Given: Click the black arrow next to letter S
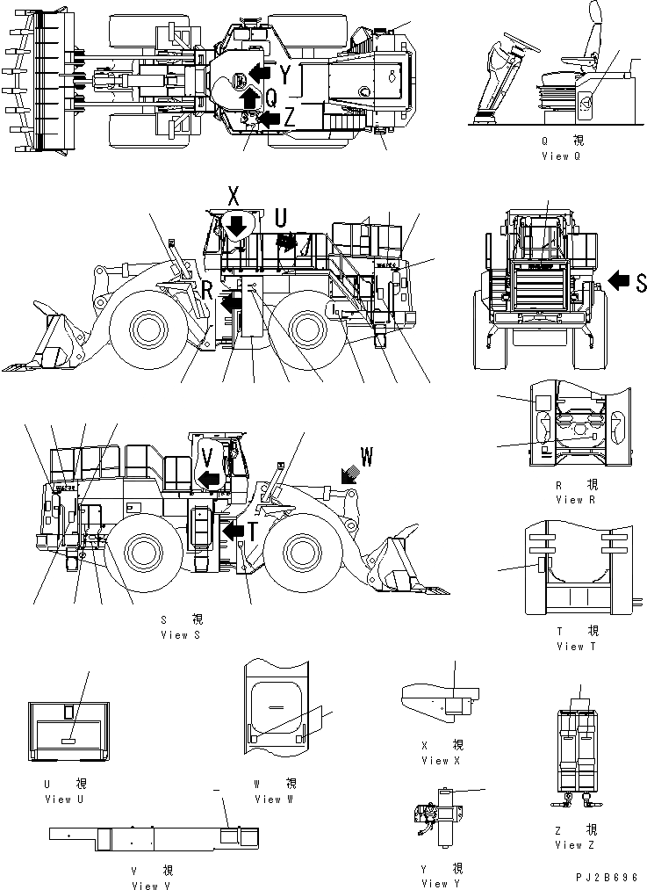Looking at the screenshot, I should [619, 281].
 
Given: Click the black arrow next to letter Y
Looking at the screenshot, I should [259, 70].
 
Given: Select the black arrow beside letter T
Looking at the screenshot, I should [234, 532].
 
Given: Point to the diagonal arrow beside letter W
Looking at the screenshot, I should [347, 474].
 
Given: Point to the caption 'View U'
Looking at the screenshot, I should [64, 800].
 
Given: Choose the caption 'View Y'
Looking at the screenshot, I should [441, 883].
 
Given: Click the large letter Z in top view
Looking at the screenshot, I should [290, 113].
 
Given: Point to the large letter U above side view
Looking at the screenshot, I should [281, 215].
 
